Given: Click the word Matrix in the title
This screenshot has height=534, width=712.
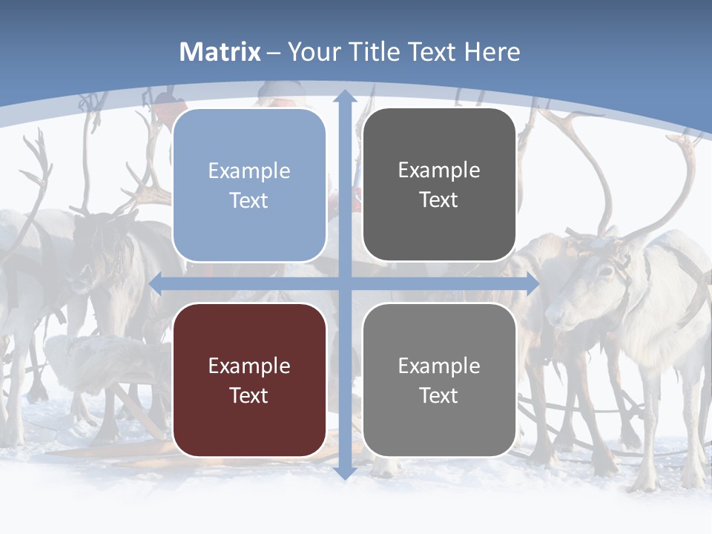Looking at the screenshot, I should [x=220, y=52].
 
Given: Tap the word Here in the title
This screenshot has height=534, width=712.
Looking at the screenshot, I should [x=492, y=52].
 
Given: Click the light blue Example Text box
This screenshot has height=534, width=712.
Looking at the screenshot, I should [x=249, y=185].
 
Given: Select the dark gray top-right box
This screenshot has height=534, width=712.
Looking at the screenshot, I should [x=439, y=185].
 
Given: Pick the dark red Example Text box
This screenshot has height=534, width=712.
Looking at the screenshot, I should [x=249, y=380].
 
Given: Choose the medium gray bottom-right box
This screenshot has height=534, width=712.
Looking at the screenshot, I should [x=439, y=380].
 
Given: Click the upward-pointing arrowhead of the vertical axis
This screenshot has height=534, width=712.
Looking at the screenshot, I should [x=344, y=96].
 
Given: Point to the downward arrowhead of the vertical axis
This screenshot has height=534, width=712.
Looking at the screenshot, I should [x=344, y=472].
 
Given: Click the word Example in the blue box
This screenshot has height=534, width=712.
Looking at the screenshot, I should [x=249, y=171].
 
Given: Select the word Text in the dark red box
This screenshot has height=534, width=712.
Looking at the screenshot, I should [x=249, y=395].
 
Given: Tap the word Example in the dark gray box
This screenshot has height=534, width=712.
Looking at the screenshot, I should [x=439, y=171].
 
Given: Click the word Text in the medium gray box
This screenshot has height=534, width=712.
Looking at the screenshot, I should [x=439, y=395].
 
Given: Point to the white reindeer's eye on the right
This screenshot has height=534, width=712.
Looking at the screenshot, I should [x=604, y=272].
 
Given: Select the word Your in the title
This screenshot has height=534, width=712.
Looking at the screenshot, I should [x=312, y=52].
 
